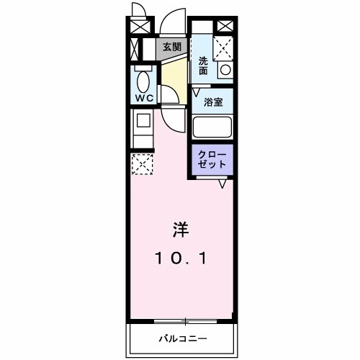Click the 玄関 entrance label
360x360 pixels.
click(171, 48)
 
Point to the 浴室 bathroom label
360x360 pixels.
click(213, 102)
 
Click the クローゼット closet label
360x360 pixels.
click(212, 159)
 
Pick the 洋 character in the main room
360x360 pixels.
click(180, 231)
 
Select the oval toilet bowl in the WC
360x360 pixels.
click(143, 81)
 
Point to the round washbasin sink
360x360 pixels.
click(225, 71)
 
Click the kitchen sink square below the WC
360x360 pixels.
click(143, 120)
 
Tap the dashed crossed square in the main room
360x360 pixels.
click(143, 164)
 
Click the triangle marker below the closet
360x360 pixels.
click(222, 185)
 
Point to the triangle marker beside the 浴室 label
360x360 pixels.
click(196, 93)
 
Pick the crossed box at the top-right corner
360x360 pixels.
click(225, 27)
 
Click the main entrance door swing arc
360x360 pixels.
click(173, 22)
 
